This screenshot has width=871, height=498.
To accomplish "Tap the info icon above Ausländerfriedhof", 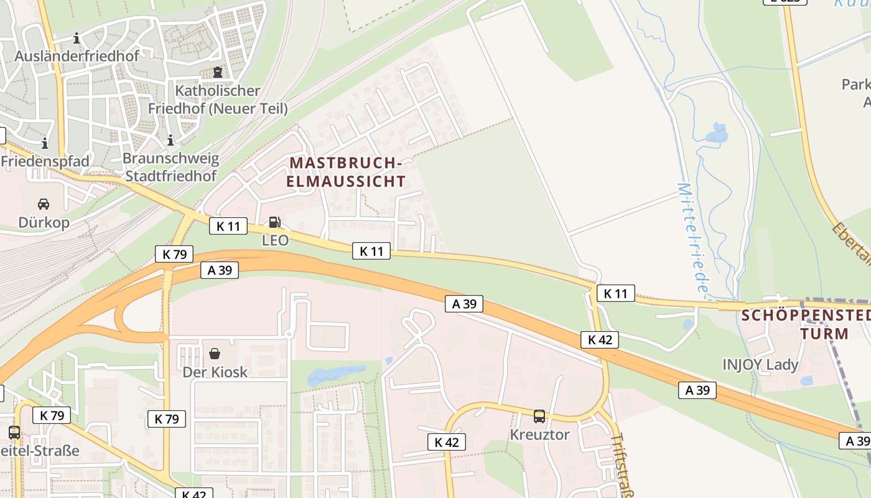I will [77, 39].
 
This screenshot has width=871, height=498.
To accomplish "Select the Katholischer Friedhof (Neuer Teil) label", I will [218, 100].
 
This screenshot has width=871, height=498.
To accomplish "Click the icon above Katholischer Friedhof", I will [217, 73].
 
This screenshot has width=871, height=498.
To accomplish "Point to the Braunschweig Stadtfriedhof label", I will [170, 167].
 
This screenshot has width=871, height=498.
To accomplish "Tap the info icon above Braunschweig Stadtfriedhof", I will [170, 141].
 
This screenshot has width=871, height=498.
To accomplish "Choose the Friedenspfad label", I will [45, 162].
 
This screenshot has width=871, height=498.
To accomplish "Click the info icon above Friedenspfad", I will [45, 144].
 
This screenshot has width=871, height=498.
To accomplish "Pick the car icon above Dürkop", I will [44, 204].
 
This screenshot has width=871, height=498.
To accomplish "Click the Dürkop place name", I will [44, 223].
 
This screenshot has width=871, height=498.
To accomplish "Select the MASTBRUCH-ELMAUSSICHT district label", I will [347, 172].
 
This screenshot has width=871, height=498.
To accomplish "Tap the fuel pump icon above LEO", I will [274, 222].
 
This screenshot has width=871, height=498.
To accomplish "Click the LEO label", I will [275, 240].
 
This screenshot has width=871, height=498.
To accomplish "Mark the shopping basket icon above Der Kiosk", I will [215, 354].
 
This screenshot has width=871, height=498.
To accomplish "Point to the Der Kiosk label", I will [215, 372].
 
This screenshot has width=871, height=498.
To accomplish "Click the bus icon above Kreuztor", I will [539, 416].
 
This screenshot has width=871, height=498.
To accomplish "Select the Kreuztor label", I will [539, 435].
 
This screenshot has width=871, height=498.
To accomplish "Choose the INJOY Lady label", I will [760, 365].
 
